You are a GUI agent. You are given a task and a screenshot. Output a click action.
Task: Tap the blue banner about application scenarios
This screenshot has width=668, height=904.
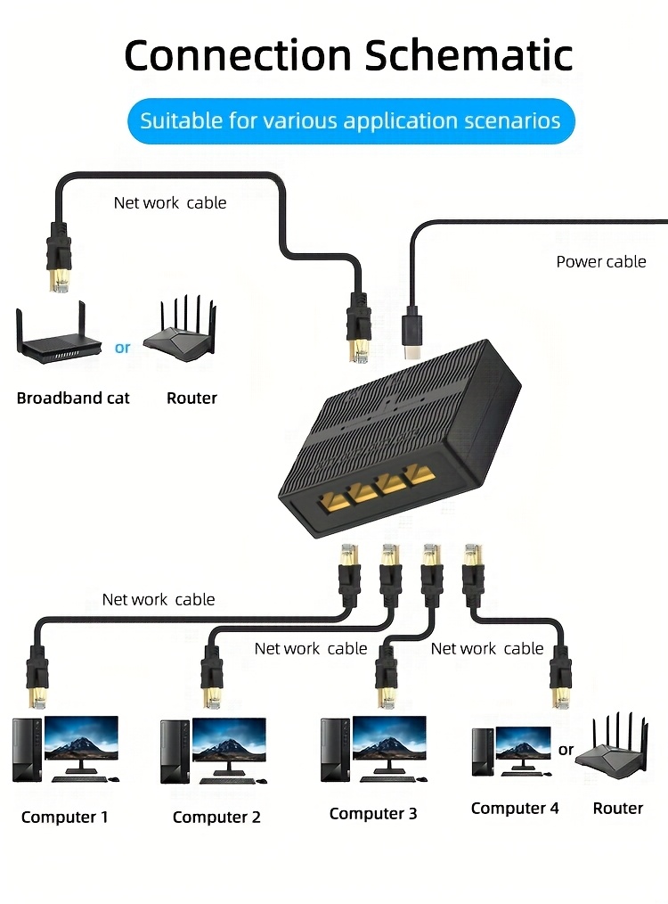[351, 120]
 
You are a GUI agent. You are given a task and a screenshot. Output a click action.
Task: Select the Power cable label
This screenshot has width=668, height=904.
[601, 261]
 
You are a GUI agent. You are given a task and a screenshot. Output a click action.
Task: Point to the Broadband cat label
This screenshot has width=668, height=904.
[73, 398]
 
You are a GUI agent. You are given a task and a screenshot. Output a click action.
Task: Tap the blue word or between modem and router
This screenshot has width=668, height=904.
[122, 348]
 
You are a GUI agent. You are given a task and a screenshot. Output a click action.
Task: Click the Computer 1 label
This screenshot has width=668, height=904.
[64, 817]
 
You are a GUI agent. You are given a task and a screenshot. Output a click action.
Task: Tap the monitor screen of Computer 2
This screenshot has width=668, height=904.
[229, 741]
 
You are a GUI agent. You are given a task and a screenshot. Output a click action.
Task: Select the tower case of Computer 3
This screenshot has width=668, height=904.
[334, 751]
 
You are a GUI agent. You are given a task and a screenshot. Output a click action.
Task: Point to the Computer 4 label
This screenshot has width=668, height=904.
[515, 808]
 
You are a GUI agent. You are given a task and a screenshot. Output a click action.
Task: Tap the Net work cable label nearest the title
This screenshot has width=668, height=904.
[169, 202]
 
